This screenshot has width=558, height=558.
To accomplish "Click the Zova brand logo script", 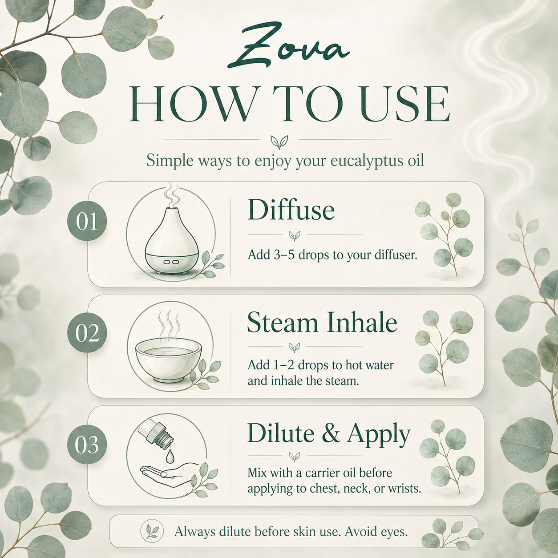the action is tap(288, 51).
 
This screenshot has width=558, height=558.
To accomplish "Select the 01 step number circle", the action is tap(87, 222).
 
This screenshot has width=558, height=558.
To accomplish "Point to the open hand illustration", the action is tap(170, 474).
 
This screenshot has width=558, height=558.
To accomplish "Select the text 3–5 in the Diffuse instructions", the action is tap(284, 255).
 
